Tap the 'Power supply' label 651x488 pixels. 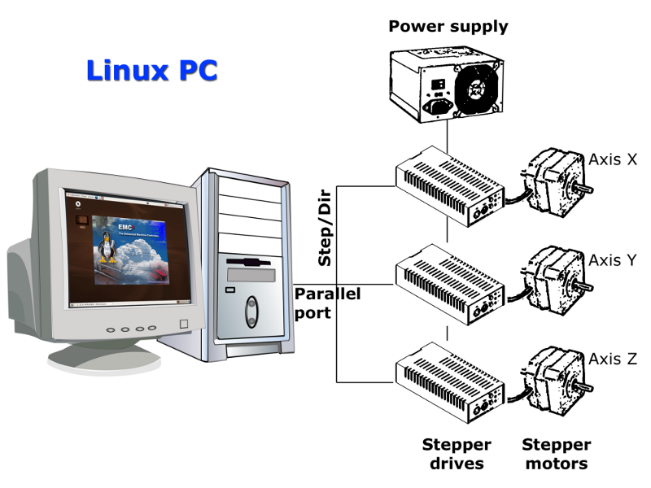[x=448, y=26]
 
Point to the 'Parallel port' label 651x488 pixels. [x=326, y=303]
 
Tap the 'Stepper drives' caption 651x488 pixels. [x=457, y=455]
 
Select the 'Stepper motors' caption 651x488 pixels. [x=556, y=455]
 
